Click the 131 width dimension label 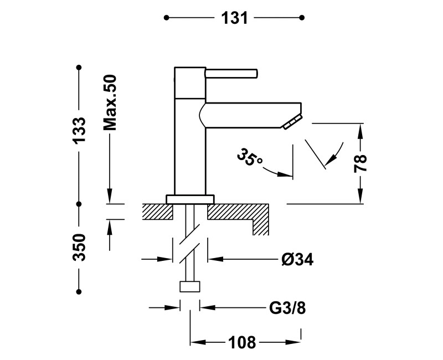click(x=234, y=18)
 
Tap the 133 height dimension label click(x=79, y=130)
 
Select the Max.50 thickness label click(x=110, y=102)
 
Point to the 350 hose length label click(x=79, y=247)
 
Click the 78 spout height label click(x=360, y=163)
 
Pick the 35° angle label click(x=249, y=157)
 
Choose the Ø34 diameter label click(x=297, y=259)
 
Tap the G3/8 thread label click(x=287, y=308)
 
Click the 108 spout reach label click(x=242, y=342)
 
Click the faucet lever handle click(x=231, y=73)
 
